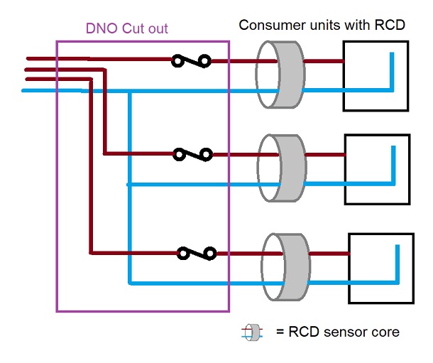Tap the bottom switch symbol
(x=197, y=252)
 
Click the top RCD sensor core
(x=279, y=74)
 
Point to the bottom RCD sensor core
(x=283, y=266)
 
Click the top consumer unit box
(x=376, y=75)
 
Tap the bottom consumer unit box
(x=380, y=266)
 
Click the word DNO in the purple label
(x=100, y=30)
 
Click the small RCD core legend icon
(x=253, y=332)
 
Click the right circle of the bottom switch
(x=210, y=252)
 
